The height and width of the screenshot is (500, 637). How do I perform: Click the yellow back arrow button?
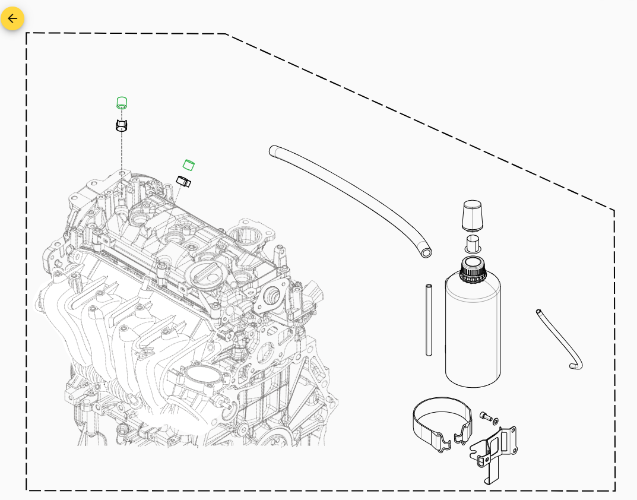point(12,18)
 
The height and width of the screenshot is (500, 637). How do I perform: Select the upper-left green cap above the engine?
point(122,103)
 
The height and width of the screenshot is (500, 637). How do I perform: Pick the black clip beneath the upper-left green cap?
point(122,125)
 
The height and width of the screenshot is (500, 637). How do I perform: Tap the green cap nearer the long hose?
point(188,164)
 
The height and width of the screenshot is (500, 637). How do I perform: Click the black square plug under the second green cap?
point(183,181)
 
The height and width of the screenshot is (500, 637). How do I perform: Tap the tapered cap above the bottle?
point(472,215)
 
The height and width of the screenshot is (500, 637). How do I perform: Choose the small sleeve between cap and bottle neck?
point(473,243)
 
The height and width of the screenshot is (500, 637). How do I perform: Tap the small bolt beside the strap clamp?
point(484,416)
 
